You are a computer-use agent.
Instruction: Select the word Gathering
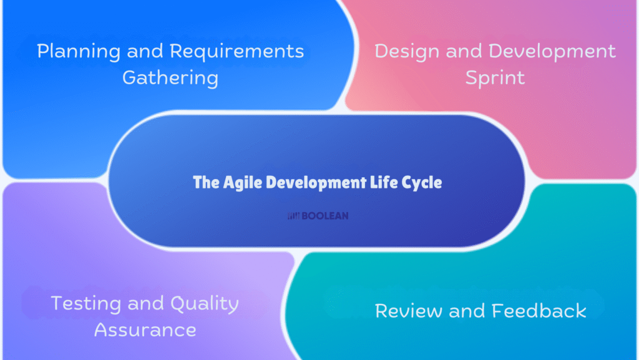point(170,78)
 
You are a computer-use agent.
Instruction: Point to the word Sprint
point(494,78)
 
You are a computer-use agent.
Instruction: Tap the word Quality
point(202,304)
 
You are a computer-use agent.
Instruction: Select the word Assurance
point(145,329)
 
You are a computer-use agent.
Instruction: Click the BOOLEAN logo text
point(325,216)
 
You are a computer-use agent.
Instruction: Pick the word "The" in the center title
point(205,183)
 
